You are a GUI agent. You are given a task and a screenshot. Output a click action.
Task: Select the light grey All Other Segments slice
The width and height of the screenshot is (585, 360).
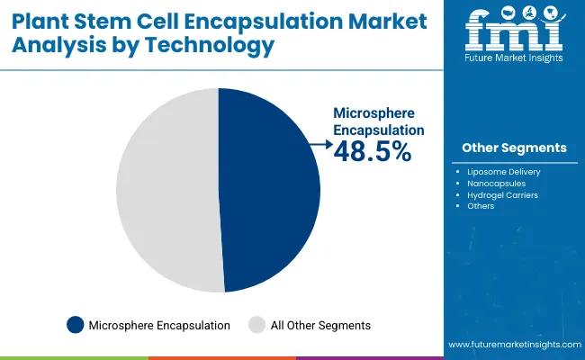166,189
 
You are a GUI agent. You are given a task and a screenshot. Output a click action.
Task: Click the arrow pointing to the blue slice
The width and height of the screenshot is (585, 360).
319,142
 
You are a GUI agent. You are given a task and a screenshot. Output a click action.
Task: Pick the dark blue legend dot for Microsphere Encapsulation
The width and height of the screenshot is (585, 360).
76,325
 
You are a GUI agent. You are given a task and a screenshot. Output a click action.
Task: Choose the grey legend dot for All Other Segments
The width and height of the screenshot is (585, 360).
256,325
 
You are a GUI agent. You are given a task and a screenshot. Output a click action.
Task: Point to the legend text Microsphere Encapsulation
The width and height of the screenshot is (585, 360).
159,325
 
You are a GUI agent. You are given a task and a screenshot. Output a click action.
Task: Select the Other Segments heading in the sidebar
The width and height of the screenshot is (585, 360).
514,148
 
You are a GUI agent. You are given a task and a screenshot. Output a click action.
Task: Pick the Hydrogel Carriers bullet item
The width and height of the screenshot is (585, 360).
502,194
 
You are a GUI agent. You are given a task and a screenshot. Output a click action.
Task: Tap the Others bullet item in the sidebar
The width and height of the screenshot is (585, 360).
481,206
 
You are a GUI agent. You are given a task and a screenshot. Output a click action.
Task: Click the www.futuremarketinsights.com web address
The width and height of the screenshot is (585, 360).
512,345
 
